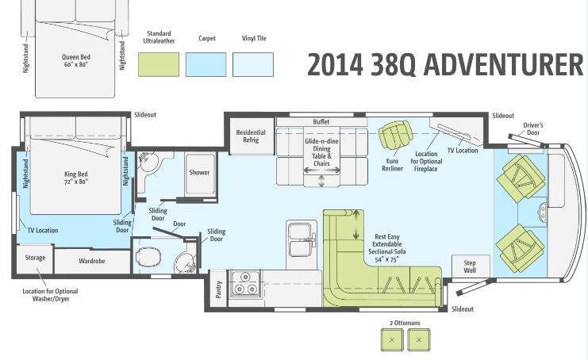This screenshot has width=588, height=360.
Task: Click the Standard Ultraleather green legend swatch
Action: [x=159, y=64]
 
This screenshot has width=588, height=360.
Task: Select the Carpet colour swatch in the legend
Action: [x=206, y=64]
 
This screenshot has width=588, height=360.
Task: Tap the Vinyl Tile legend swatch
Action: [x=253, y=64]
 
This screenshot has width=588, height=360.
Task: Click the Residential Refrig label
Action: [x=251, y=136]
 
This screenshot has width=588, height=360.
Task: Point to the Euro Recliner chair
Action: [x=395, y=135]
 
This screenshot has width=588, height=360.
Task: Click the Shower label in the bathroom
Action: [x=199, y=172]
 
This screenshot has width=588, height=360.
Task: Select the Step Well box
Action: [x=471, y=266]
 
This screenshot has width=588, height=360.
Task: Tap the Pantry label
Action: [x=219, y=289]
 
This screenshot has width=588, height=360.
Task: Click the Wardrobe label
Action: [x=92, y=261]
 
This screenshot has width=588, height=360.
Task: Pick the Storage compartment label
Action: [x=35, y=258]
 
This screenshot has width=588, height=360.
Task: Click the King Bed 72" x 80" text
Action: [x=76, y=178]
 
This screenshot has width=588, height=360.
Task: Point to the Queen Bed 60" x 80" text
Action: [x=76, y=60]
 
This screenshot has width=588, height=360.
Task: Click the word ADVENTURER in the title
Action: [x=504, y=64]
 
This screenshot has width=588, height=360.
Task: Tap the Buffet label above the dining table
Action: [x=321, y=122]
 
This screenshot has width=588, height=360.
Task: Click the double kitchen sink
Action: [x=301, y=239]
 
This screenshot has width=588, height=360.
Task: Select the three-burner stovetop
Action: [x=245, y=284]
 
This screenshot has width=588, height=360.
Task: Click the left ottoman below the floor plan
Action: [x=392, y=339]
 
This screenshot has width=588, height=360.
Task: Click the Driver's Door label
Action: [x=533, y=129]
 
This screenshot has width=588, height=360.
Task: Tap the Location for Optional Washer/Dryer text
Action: [x=50, y=295]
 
